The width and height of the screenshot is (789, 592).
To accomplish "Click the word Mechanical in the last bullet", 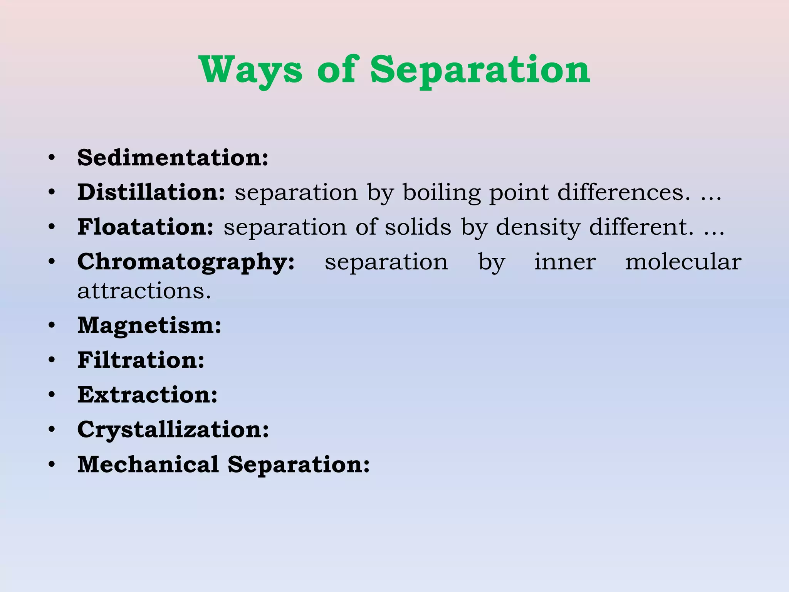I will [x=148, y=464].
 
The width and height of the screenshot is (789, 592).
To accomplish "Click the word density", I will [x=538, y=227].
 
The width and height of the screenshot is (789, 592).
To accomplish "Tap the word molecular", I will [x=683, y=262].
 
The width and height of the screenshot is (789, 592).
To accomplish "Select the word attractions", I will [x=144, y=291].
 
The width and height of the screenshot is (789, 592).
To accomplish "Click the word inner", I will [x=565, y=262].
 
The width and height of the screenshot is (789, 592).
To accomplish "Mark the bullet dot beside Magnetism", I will [x=52, y=326].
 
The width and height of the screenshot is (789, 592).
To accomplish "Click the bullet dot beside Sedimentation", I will [x=52, y=158].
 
